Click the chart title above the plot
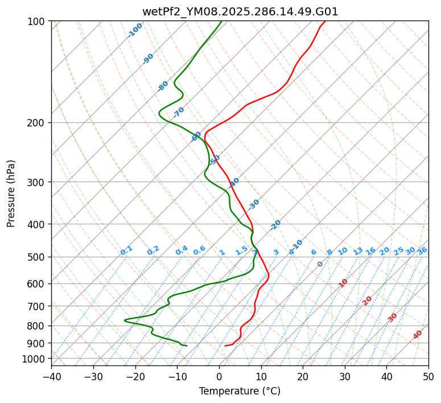[x=240, y=11]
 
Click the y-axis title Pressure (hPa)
[x=11, y=193]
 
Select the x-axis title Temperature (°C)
[x=240, y=391]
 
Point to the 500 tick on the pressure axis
[x=38, y=257]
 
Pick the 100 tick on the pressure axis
[x=38, y=22]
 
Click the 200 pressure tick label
[x=38, y=123]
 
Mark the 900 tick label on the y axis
[x=38, y=343]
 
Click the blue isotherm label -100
[x=135, y=30]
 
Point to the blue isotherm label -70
[x=179, y=112]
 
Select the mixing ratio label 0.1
[x=126, y=250]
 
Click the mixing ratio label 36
[x=422, y=250]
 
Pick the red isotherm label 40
[x=418, y=335]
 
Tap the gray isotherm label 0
[x=320, y=264]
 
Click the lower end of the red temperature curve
[x=225, y=346]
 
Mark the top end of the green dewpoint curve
[x=221, y=22]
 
